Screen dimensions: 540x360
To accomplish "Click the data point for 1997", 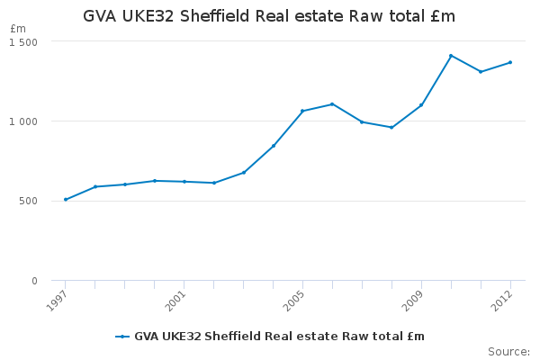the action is pos(66,200).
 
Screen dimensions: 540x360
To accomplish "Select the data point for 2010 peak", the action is pos(451,56).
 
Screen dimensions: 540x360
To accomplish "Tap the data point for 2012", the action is pos(510,62).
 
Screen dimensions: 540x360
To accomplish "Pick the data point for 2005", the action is pos(302,111).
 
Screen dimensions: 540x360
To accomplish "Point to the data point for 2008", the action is pos(391,128).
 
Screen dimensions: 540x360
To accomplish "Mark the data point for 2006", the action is pos(332,104).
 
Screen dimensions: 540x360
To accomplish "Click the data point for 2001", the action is pos(184,182).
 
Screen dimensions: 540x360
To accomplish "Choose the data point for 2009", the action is pos(421,105).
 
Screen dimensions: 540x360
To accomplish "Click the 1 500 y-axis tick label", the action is pos(23,42).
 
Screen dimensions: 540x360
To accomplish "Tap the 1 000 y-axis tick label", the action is pos(23,121).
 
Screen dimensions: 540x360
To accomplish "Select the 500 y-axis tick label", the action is pos(28,201).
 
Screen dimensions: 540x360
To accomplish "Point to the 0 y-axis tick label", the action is pos(34,281).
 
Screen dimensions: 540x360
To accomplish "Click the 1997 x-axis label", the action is pos(56,301).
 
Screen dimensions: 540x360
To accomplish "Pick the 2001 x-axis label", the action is pos(175,301).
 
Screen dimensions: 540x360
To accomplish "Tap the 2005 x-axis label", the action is pos(293,301).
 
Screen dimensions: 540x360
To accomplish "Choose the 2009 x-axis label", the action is pos(412,301).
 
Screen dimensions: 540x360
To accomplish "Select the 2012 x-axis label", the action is pos(501,301).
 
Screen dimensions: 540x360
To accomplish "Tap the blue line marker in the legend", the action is pos(122,337).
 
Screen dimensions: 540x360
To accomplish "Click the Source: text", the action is pos(508,352).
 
